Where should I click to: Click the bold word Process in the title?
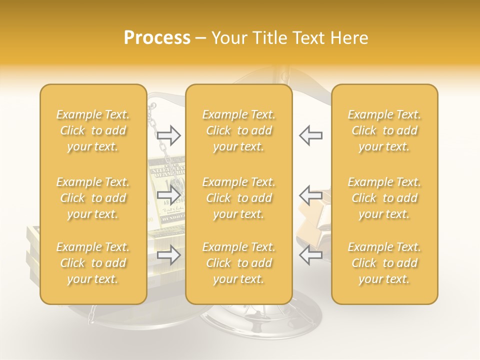pos(157,38)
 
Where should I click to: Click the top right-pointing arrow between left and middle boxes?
pos(168,135)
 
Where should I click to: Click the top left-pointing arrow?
pos(310,135)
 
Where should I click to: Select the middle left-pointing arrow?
pos(310,194)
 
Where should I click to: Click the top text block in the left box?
pos(93,130)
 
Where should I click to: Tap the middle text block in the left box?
pos(93,198)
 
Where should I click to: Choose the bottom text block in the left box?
pos(93,263)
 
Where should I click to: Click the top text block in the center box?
pos(239,130)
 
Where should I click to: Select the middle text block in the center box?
pos(239,198)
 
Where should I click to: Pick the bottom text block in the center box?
pos(239,263)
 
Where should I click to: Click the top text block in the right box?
pos(384,130)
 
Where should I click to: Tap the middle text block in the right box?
pos(384,198)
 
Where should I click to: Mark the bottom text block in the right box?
pos(384,263)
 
